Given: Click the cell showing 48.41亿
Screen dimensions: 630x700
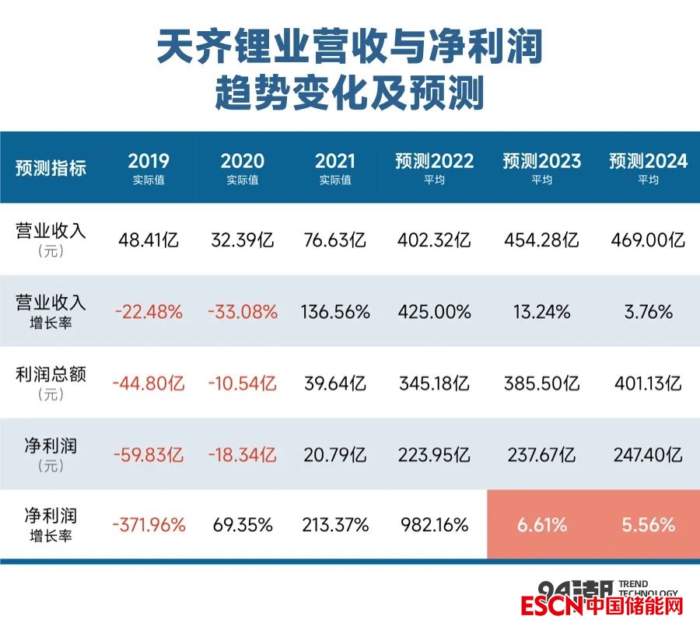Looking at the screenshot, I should click(149, 240).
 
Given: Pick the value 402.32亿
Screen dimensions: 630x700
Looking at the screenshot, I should click(434, 240).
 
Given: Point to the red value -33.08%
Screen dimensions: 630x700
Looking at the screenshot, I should click(243, 312).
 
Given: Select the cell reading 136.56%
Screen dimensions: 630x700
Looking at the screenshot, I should click(335, 312).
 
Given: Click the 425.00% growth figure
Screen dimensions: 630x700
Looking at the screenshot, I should click(434, 312).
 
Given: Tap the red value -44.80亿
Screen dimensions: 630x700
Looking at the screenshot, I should click(149, 383).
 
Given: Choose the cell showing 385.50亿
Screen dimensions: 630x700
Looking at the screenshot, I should click(542, 383).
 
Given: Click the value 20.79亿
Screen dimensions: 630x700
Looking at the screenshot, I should click(335, 455).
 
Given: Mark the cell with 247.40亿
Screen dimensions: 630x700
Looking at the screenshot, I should click(649, 455).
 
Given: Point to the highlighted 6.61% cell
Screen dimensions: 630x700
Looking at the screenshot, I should click(542, 525).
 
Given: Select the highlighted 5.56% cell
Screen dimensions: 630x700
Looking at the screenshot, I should click(649, 525).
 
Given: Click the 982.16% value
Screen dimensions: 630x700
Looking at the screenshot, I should click(434, 525).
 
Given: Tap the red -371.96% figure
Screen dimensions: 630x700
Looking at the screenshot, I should click(149, 525).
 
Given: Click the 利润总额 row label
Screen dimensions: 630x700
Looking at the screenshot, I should click(51, 374).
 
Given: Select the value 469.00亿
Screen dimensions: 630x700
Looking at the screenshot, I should click(649, 240).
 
